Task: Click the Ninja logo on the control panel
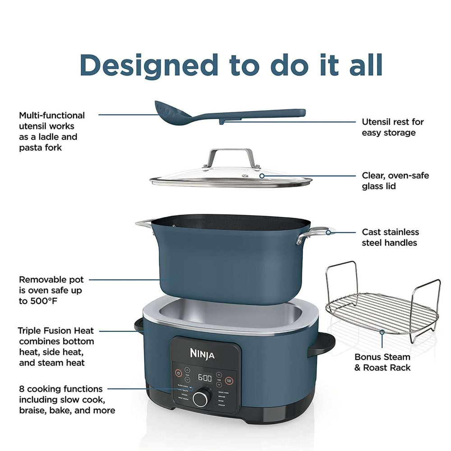tap(205, 354)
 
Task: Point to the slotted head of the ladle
tap(168, 111)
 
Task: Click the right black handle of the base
tap(322, 345)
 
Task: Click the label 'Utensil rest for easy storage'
tap(393, 127)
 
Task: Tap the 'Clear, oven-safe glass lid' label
tap(395, 180)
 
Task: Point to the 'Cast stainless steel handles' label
tap(390, 237)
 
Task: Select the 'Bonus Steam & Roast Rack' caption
tap(382, 362)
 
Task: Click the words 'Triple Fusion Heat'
tap(56, 331)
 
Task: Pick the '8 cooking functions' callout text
tap(61, 388)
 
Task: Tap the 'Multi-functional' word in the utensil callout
tap(51, 115)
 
